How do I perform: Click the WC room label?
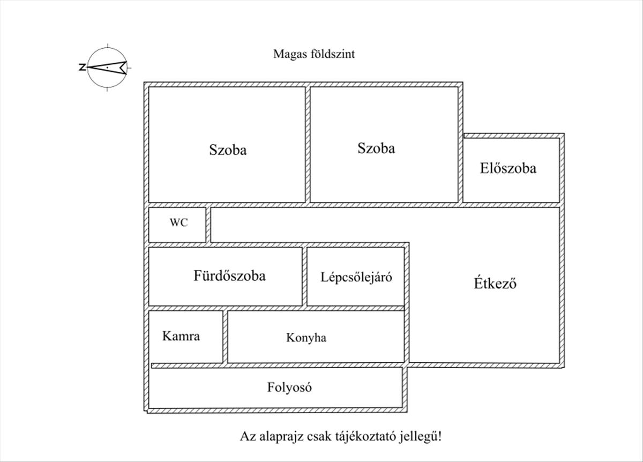178,222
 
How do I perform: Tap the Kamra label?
181,336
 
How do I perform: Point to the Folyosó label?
289,388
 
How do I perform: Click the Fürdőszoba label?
229,275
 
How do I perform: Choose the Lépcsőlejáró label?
356,278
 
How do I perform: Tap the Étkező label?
495,284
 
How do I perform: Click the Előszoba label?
508,168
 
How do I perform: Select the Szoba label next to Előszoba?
376,148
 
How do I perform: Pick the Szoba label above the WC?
228,150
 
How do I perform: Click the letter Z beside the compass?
83,67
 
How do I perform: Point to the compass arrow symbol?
107,68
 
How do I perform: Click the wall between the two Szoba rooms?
308,144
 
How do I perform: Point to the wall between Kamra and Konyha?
225,337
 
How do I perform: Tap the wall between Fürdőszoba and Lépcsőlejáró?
304,276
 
